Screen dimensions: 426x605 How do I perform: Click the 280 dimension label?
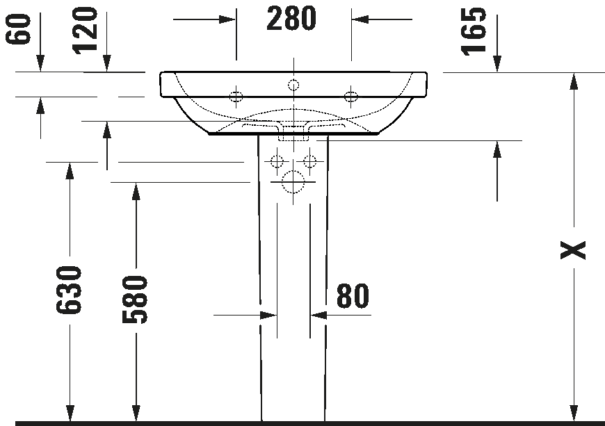[x=291, y=19]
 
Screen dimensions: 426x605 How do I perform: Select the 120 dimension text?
[x=86, y=29]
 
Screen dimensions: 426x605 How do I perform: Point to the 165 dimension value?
[x=475, y=31]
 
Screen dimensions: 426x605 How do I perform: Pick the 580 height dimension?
[x=136, y=300]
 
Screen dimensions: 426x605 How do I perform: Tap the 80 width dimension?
[x=353, y=296]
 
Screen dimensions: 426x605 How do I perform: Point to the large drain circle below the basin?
[x=293, y=183]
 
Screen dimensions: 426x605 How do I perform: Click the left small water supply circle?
[x=277, y=163]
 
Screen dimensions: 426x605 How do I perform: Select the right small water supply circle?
[x=309, y=163]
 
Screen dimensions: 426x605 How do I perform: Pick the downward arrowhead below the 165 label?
[x=497, y=63]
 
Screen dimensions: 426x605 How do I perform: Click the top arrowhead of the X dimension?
[x=574, y=81]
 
